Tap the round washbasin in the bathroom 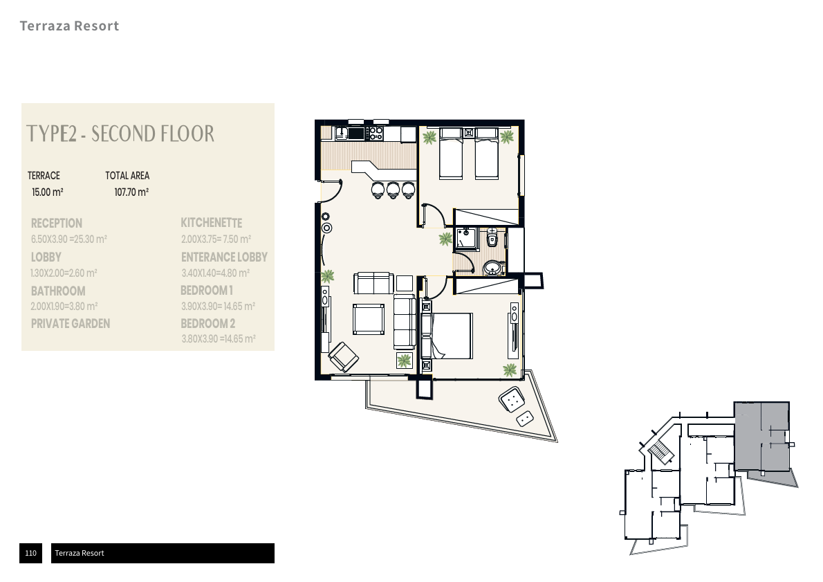pyautogui.click(x=492, y=268)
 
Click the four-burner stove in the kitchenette pyautogui.click(x=376, y=133)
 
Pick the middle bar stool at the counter pyautogui.click(x=393, y=190)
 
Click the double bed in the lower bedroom pyautogui.click(x=447, y=336)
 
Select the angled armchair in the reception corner pyautogui.click(x=344, y=356)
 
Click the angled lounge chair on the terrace pyautogui.click(x=512, y=400)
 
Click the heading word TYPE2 pyautogui.click(x=51, y=134)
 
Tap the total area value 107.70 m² pyautogui.click(x=131, y=192)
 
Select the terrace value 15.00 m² pyautogui.click(x=47, y=192)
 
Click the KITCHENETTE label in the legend pyautogui.click(x=212, y=223)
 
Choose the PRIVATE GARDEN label pyautogui.click(x=71, y=324)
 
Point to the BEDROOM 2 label pyautogui.click(x=208, y=324)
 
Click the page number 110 pyautogui.click(x=30, y=553)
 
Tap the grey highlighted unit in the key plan pyautogui.click(x=761, y=436)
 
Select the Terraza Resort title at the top pyautogui.click(x=69, y=26)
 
